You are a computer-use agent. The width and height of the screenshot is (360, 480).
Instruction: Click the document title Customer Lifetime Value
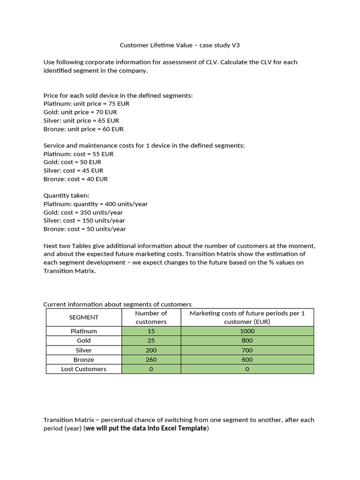180,45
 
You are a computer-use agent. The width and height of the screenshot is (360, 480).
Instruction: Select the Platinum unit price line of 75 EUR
86,104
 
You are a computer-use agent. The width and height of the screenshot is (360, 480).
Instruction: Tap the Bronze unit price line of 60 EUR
83,129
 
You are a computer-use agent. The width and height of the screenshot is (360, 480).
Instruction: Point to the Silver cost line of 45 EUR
73,171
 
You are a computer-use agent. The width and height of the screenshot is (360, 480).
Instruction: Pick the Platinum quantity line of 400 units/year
95,204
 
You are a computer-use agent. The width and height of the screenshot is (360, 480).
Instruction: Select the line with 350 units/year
83,212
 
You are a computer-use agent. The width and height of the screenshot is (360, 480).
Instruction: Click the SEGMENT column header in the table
84,317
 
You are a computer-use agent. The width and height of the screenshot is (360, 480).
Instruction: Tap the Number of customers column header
151,317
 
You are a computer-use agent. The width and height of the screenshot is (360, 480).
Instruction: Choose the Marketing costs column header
247,317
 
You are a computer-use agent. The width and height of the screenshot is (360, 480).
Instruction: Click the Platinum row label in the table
84,331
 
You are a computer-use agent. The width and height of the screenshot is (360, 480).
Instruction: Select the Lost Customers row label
84,369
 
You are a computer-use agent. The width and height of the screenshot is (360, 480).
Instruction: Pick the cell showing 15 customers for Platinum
151,331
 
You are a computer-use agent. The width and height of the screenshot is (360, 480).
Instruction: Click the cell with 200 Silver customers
151,350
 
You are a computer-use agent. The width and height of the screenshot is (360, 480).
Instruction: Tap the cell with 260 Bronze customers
151,360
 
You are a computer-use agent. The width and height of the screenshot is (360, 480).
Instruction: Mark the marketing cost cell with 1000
247,331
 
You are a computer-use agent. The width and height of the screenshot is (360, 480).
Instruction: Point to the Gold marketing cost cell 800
247,341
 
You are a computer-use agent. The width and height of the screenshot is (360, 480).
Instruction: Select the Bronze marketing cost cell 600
247,360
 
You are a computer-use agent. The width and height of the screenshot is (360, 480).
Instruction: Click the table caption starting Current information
117,304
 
